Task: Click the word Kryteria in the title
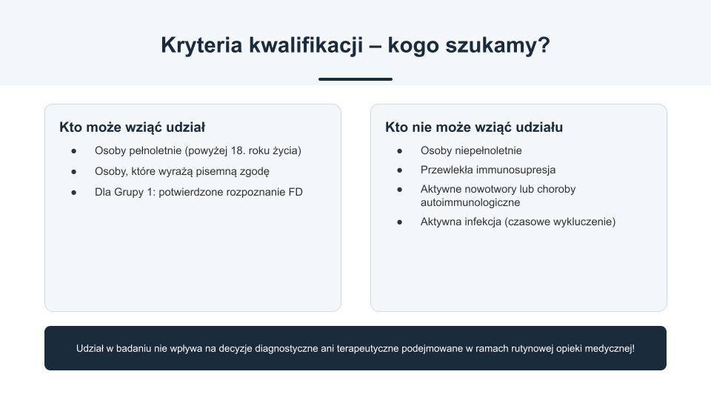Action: (x=201, y=46)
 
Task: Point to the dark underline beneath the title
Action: (x=355, y=79)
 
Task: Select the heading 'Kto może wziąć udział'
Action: (x=132, y=127)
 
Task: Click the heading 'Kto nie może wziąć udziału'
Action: (x=474, y=127)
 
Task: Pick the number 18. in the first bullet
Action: (x=238, y=150)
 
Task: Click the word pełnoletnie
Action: (x=156, y=151)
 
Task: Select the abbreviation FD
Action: (x=296, y=193)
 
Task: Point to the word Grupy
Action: (x=128, y=193)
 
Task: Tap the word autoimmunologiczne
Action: (x=470, y=203)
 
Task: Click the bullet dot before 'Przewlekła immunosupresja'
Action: (x=399, y=170)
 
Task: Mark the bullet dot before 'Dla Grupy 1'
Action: (x=74, y=193)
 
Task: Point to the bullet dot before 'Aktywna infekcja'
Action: (x=399, y=222)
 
